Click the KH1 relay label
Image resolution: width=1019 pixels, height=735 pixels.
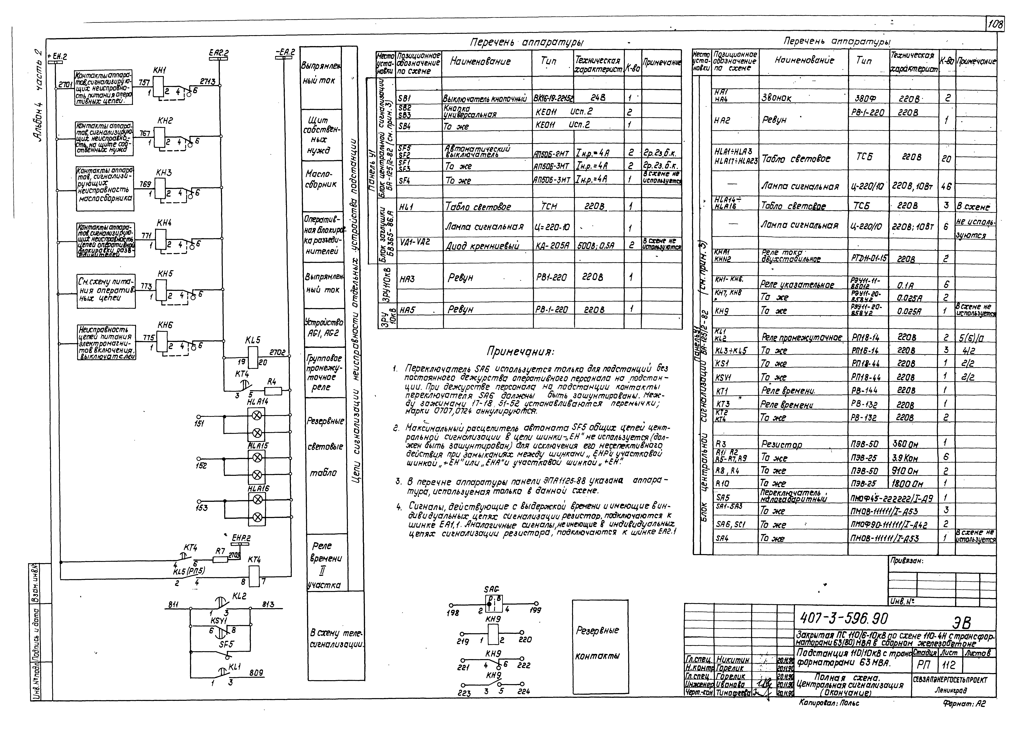[159, 71]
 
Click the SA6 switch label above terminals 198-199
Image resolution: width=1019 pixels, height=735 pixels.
[492, 589]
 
